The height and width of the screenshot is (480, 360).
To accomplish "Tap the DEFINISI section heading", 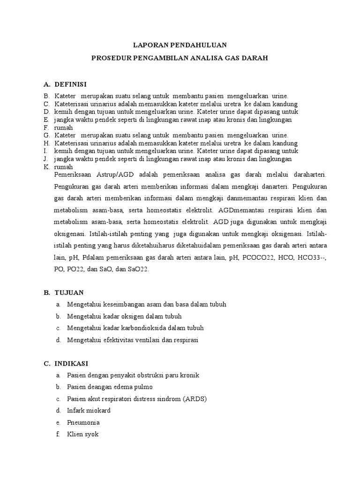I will tap(71, 84).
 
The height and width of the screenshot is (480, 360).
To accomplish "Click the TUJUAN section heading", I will tap(69, 292).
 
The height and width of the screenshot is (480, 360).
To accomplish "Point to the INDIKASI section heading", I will tap(71, 364).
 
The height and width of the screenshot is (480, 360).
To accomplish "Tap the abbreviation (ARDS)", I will tap(193, 399).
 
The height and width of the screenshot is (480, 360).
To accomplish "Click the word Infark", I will tap(76, 411).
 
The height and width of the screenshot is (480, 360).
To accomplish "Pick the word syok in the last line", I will tap(92, 435).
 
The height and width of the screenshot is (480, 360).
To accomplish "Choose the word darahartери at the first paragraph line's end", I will tap(307, 174).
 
